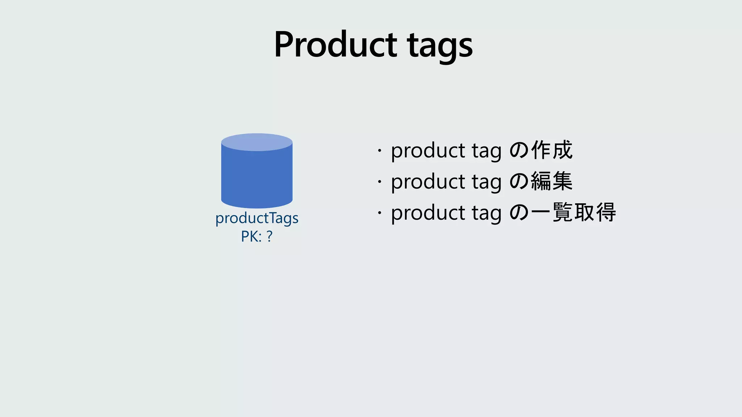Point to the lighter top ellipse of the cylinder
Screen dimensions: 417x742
(x=257, y=142)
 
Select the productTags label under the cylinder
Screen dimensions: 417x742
(x=257, y=218)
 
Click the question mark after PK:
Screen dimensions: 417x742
(x=269, y=236)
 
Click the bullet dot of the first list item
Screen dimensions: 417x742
(x=379, y=150)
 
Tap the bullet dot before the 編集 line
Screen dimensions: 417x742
(x=379, y=181)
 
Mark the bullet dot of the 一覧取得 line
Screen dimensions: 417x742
(x=379, y=212)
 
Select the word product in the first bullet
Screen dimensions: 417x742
(x=428, y=151)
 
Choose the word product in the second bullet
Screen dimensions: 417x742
(x=428, y=182)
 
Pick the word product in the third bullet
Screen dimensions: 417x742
(x=428, y=213)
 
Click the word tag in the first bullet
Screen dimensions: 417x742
(x=487, y=151)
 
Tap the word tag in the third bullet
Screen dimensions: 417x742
(x=487, y=214)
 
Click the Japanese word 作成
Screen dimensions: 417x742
(x=552, y=150)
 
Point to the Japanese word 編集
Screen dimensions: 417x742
(x=552, y=181)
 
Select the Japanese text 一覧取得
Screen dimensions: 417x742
(x=573, y=212)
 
